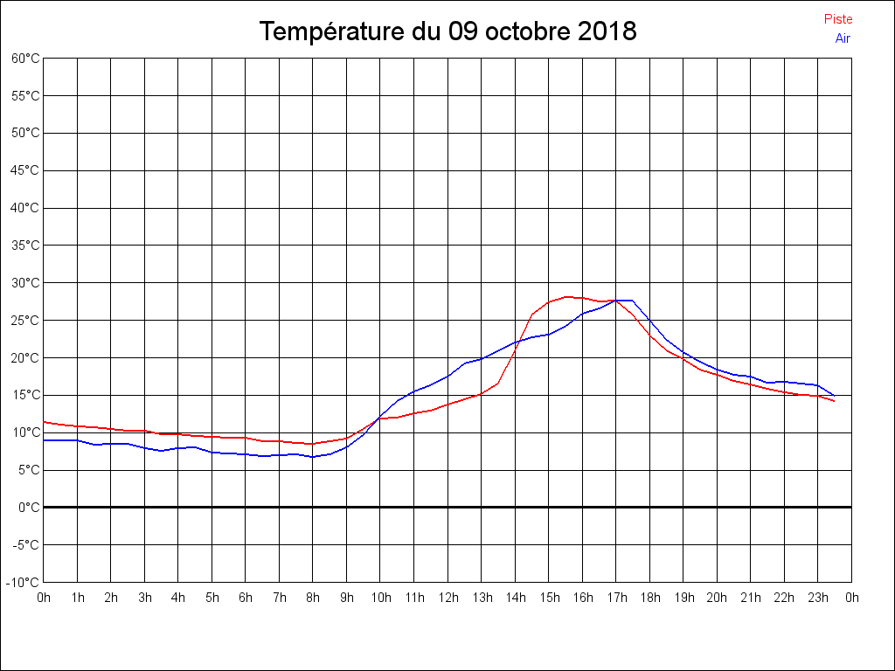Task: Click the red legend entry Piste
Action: click(838, 19)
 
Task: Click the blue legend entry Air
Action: click(843, 38)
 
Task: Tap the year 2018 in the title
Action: click(607, 32)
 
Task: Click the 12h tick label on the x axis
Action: click(447, 598)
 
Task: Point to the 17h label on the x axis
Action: click(616, 598)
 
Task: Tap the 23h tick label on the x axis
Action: click(818, 598)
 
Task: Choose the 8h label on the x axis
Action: click(313, 598)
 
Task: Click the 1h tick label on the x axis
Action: click(77, 598)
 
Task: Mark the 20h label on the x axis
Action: click(717, 598)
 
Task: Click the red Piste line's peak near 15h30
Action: click(566, 297)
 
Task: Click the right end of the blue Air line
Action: click(835, 396)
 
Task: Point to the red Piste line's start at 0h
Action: click(44, 422)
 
